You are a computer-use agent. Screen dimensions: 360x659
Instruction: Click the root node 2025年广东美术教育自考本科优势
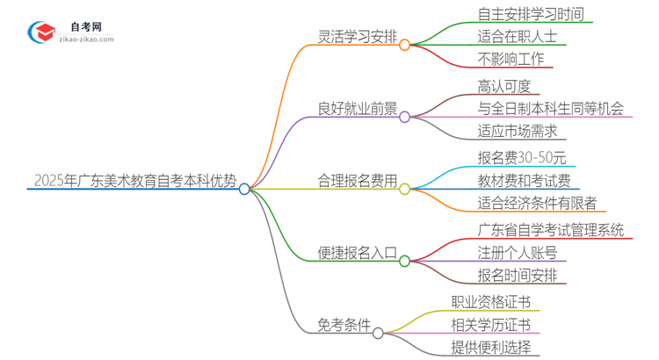point(134,182)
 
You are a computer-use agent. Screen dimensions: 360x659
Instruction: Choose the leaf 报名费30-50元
point(510,158)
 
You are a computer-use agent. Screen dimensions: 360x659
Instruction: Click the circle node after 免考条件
point(379,333)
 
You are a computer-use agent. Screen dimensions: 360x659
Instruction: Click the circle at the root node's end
point(245,189)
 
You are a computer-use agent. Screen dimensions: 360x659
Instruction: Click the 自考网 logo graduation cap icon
point(41,32)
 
